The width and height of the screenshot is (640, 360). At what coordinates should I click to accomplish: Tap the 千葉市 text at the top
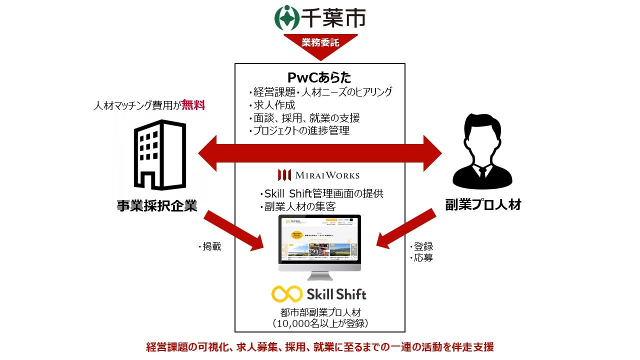[333, 17]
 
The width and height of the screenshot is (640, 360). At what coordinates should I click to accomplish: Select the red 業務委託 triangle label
[320, 43]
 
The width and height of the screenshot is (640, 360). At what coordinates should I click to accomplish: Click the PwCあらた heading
[319, 77]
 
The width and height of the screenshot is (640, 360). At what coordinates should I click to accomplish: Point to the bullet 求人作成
[273, 105]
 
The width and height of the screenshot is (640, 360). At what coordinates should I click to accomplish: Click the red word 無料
[193, 105]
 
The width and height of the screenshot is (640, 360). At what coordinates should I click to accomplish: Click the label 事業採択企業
[157, 205]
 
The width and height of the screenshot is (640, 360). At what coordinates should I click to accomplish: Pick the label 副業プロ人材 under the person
[483, 205]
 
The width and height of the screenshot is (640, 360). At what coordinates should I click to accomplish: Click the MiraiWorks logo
[319, 175]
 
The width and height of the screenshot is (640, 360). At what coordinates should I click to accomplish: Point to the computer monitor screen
[319, 239]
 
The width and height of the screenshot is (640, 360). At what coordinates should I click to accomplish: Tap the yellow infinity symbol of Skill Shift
[286, 293]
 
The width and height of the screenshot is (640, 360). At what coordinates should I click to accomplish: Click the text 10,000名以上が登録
[320, 323]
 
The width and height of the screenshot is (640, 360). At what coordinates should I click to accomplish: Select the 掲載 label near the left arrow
[210, 246]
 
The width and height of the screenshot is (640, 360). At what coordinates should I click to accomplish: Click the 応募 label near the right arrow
[422, 258]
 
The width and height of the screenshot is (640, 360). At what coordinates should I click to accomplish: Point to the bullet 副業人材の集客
[296, 206]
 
